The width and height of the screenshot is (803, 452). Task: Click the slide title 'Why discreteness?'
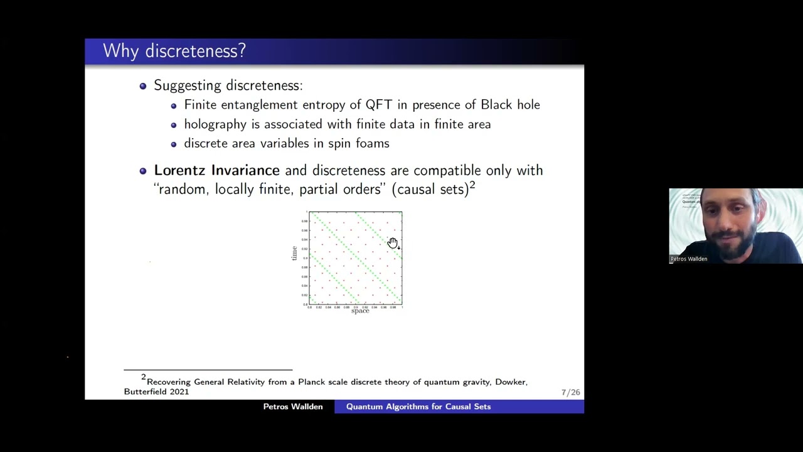174,51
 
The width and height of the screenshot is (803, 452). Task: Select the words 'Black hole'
510,105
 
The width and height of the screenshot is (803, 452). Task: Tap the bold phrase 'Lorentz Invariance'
216,170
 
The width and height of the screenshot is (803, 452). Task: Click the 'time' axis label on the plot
294,254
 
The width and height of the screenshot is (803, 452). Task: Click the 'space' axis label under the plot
360,311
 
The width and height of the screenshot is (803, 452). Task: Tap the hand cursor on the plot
392,243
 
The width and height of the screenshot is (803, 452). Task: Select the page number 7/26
570,392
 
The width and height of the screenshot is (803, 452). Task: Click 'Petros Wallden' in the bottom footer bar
293,407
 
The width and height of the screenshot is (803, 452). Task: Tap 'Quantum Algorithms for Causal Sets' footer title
418,407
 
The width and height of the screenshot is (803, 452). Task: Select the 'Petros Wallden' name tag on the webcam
688,259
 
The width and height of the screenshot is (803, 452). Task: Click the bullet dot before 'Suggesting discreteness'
143,86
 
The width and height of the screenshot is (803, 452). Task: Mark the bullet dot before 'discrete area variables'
174,144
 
